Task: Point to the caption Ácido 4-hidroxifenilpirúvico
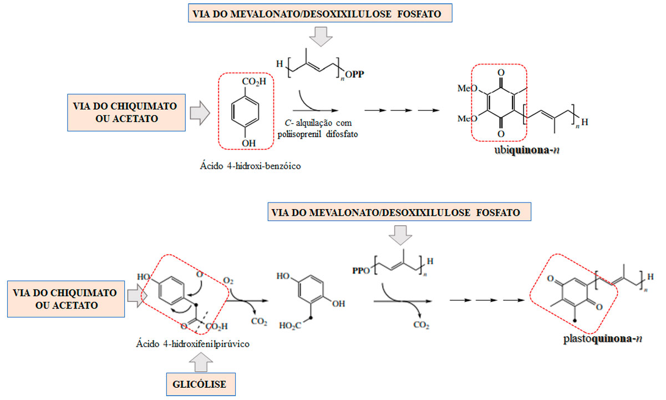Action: pos(192,343)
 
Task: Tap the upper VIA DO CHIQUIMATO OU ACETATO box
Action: pos(125,113)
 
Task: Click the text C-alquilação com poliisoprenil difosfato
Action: pos(317,127)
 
